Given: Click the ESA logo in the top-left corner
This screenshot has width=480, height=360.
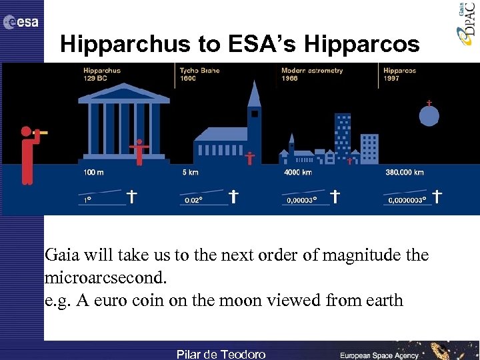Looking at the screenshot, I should point(21,23).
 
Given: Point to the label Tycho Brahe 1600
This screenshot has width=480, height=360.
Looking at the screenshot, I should point(199,75).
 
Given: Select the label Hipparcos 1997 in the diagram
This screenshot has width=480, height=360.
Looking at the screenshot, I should point(400,75).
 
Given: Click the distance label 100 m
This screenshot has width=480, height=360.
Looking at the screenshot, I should point(93,173).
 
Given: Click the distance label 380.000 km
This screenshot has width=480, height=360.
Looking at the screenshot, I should point(404,173).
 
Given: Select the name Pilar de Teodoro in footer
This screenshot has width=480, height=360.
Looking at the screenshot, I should point(220,354).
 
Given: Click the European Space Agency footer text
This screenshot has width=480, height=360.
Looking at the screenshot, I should point(379,355).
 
